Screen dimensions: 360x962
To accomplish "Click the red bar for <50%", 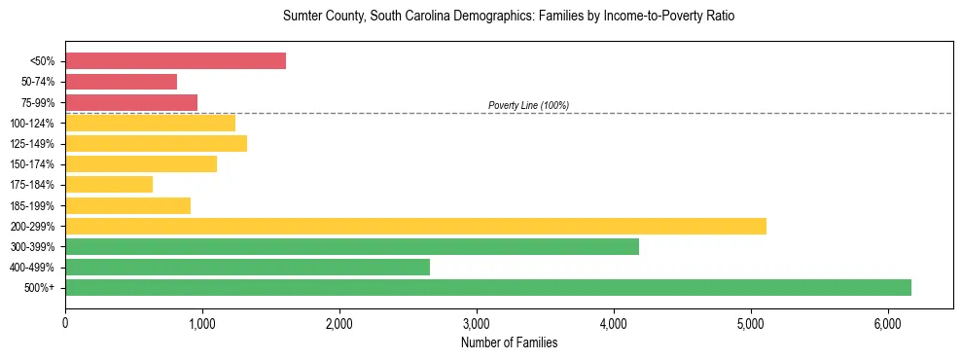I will pos(175,61).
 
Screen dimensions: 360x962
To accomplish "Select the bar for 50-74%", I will pos(121,82).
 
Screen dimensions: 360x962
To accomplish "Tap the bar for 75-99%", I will pos(131,102).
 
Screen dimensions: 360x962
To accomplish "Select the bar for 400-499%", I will pos(247,267).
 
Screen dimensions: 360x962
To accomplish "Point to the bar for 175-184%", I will pos(109,184).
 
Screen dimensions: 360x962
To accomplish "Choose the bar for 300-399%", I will pos(352,246).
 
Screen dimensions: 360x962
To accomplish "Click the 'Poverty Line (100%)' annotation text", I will pos(528,105).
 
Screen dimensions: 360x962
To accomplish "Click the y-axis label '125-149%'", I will pos(32,144).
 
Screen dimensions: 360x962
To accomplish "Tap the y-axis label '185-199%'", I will pos(32,205).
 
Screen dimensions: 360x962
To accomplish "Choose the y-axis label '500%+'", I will pos(38,288).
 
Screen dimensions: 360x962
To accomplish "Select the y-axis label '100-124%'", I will pos(32,124).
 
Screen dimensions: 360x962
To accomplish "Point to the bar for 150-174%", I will pos(141,163).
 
